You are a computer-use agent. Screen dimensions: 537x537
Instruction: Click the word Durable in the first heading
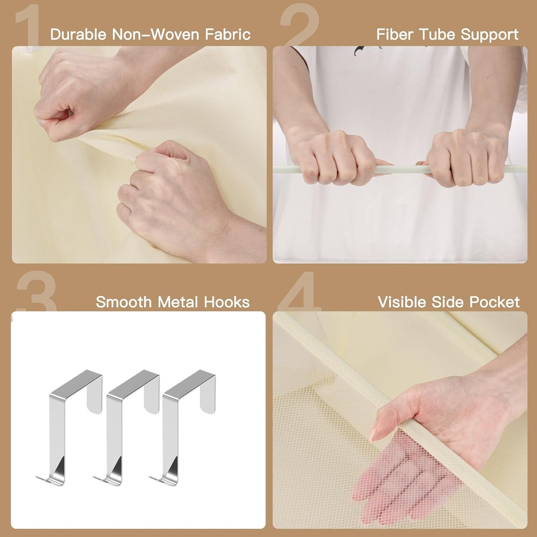tap(78, 34)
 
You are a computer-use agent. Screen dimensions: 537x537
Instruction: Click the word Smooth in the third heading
tap(124, 302)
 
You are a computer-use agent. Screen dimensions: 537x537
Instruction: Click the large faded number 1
tap(28, 25)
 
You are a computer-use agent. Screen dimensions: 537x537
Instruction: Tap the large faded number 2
tap(300, 25)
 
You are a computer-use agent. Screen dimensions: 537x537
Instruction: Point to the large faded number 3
tap(36, 291)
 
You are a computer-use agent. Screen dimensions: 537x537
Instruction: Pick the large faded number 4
tap(300, 291)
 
